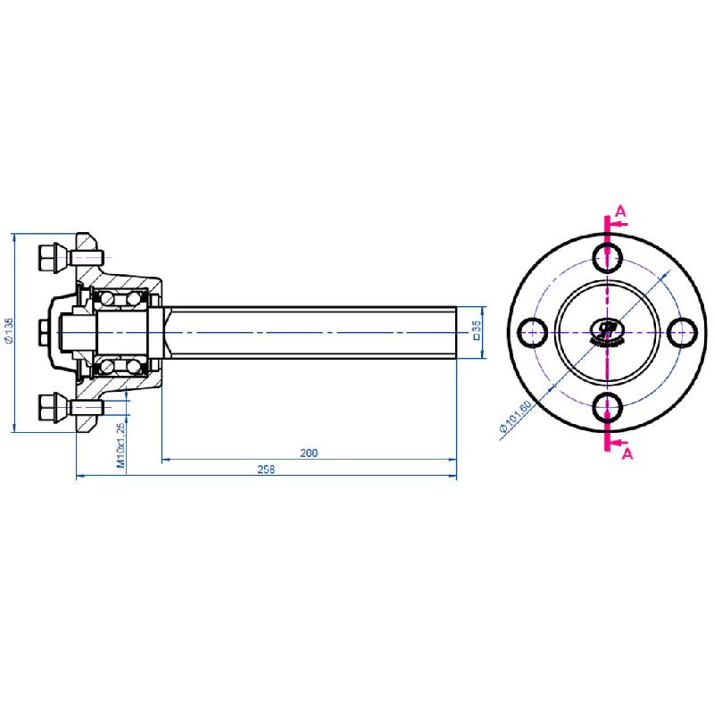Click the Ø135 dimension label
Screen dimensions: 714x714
tap(8, 331)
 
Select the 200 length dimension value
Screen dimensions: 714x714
tap(309, 453)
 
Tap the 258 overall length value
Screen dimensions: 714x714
tap(266, 469)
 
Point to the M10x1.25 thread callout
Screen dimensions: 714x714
tap(120, 446)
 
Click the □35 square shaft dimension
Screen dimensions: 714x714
tap(477, 331)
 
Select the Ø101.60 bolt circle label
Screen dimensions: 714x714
tap(515, 418)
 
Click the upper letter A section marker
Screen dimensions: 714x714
tap(622, 212)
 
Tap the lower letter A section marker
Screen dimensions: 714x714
tap(627, 453)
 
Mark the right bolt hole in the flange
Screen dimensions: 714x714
tap(685, 331)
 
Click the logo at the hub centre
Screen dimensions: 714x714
tap(607, 332)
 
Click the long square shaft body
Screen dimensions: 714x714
tap(312, 332)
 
